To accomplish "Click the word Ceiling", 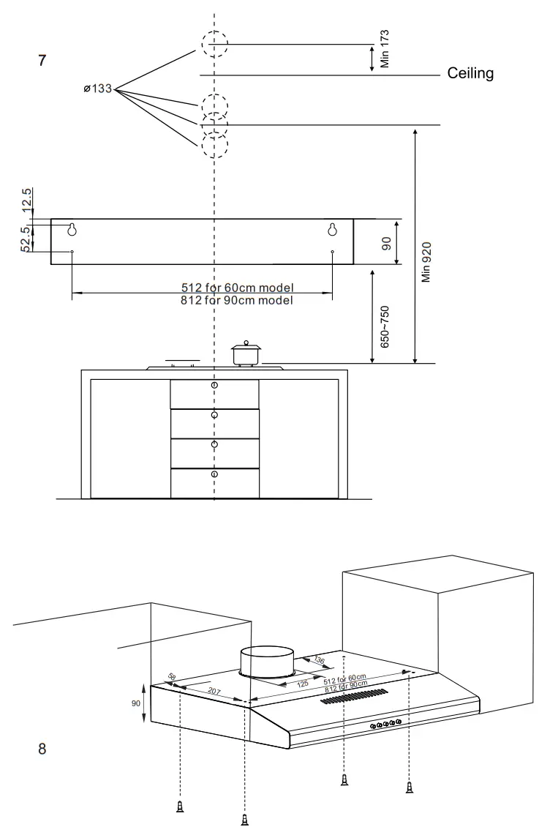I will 470,73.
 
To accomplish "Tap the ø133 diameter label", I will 97,89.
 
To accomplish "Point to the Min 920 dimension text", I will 427,262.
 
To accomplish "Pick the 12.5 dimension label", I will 27,201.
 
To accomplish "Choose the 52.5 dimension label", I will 27,239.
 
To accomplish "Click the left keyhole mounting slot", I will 72,229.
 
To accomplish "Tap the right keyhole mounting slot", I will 333,229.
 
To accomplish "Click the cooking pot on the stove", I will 246,353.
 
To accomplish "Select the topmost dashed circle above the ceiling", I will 214,44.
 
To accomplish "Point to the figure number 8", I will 42,749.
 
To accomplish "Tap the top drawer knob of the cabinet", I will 214,385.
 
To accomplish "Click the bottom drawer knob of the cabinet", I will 214,474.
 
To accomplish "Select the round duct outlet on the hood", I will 267,661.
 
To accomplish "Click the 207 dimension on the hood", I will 214,690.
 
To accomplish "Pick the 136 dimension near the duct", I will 318,659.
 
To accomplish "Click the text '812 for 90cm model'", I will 236,300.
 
